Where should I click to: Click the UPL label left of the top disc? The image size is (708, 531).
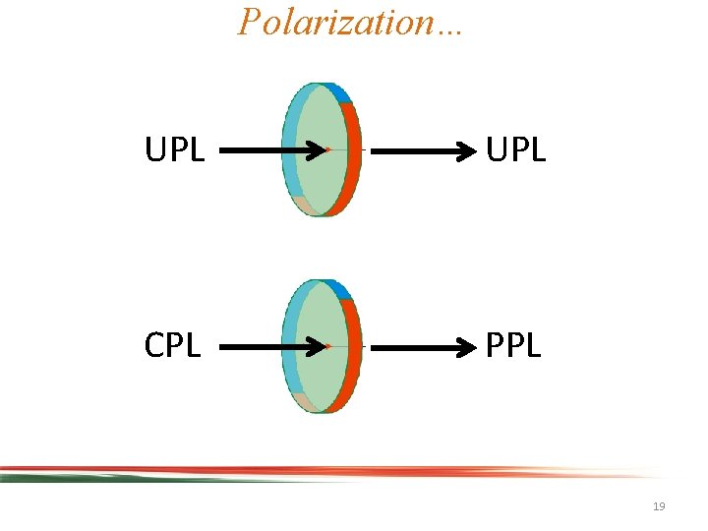174,151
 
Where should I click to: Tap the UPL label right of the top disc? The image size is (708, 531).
515,151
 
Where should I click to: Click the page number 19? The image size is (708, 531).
659,506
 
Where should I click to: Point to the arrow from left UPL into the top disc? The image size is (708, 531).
270,151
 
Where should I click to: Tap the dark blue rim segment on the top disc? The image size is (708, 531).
340,93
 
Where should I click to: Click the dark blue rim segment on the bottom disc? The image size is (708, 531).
340,289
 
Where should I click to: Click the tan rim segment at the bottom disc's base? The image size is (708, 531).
306,401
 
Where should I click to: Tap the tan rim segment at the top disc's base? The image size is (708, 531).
306,206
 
